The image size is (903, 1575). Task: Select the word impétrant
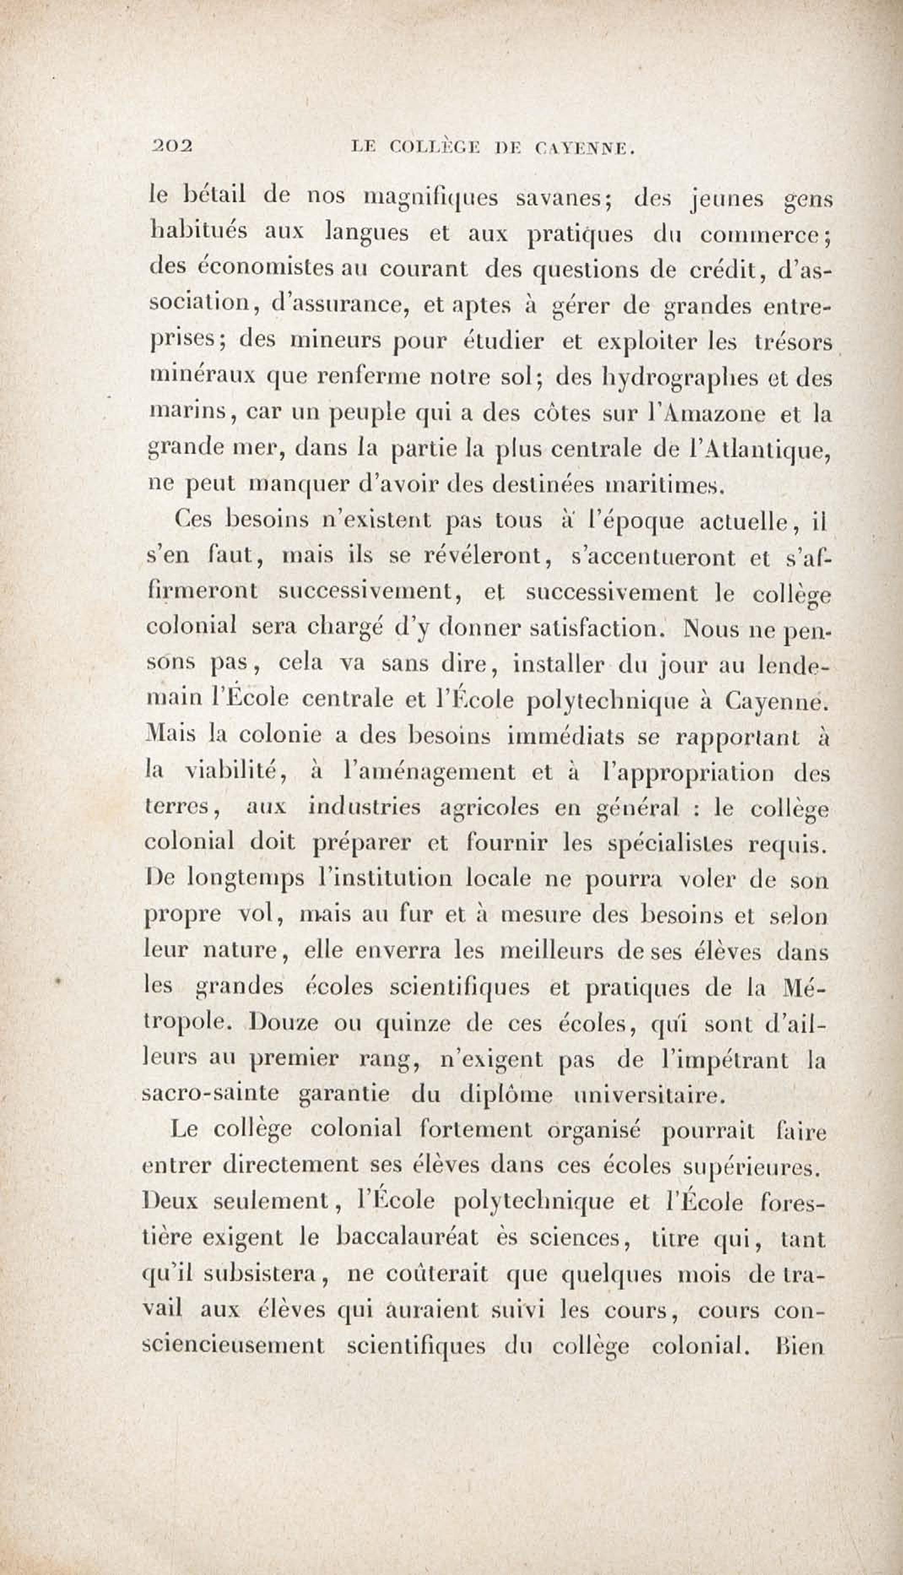click(x=724, y=1060)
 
